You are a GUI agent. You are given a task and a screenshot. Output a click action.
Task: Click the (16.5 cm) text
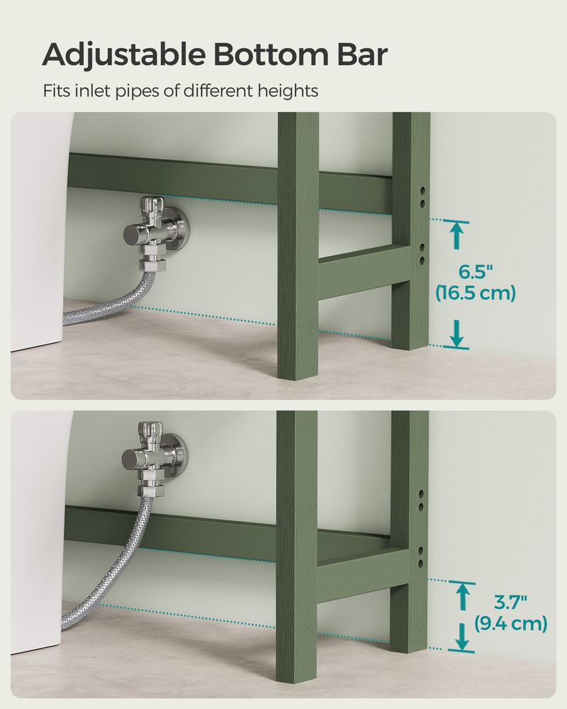pos(475,292)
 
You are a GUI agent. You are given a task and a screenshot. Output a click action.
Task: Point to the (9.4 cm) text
pos(510,623)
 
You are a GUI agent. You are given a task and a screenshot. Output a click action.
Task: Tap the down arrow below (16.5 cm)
pos(457,333)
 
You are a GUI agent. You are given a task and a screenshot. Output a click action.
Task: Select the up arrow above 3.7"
pos(462,594)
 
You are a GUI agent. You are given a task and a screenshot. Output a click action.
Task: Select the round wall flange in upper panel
pos(179,225)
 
